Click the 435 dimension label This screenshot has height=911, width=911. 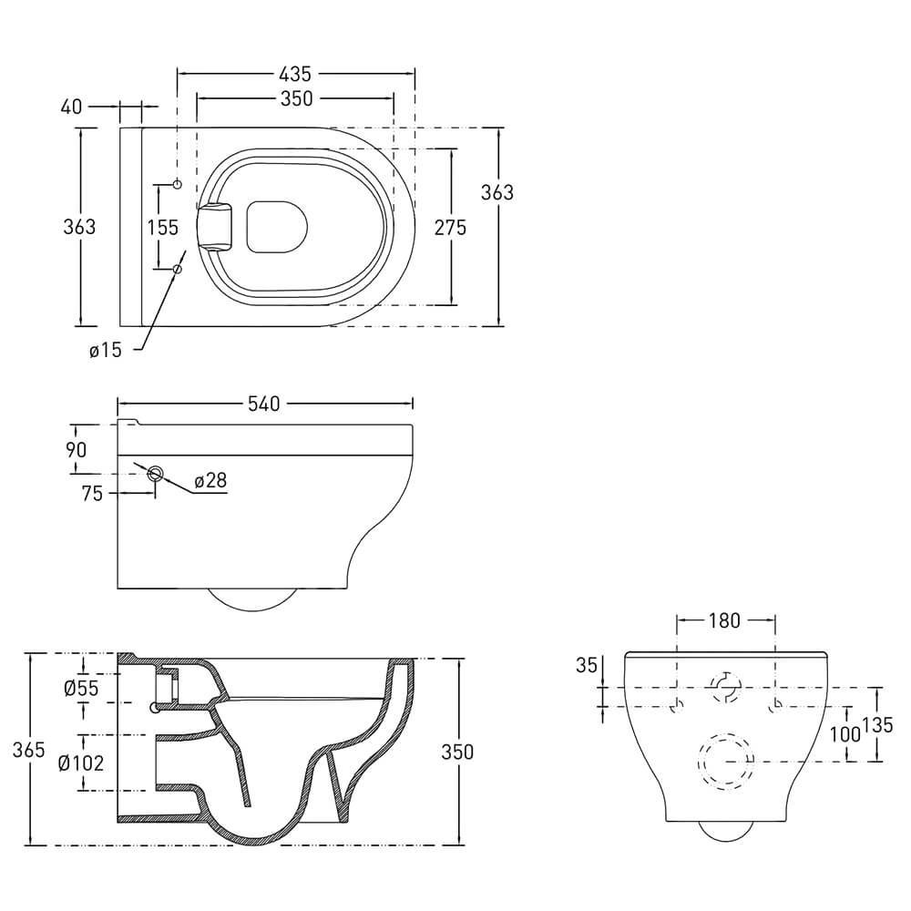point(295,75)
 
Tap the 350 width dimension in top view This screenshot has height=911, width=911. point(296,99)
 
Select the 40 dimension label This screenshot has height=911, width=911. point(71,107)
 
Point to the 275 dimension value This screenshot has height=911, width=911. point(450,227)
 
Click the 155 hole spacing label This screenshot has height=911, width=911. point(163,227)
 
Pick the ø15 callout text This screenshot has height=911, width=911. point(105,351)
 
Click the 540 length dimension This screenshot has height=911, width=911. point(264,404)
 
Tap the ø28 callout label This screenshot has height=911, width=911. point(210,480)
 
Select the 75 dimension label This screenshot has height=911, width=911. point(92,494)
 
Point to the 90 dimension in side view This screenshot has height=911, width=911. point(76,450)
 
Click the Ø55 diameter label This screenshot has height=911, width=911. point(81,689)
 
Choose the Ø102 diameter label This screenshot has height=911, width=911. point(81,763)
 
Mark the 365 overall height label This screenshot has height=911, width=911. point(28,750)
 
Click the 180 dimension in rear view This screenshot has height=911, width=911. point(724,621)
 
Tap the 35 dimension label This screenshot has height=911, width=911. point(587,665)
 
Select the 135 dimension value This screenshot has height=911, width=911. point(876,725)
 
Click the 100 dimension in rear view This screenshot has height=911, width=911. point(844,734)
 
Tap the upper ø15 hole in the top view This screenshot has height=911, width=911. point(178,185)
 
